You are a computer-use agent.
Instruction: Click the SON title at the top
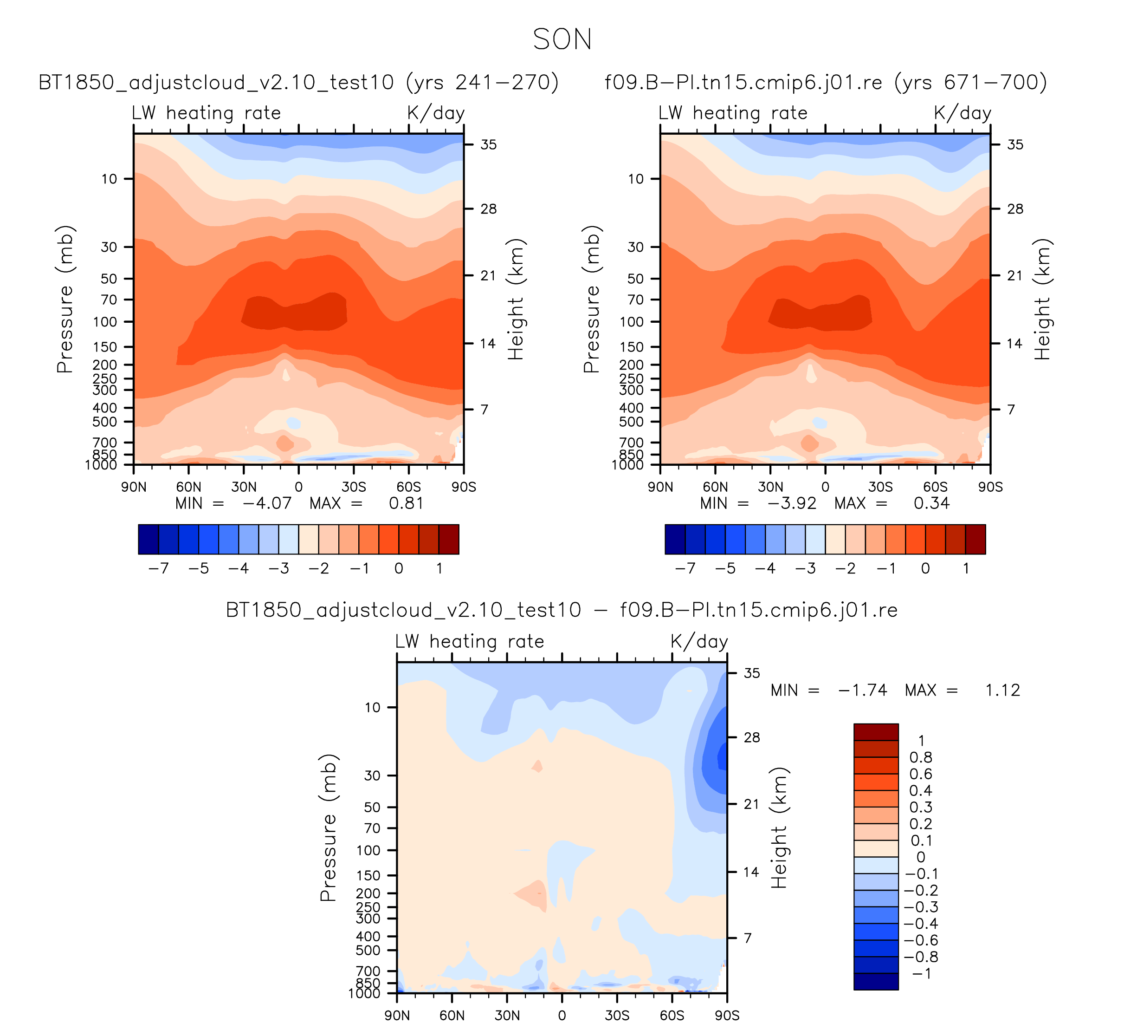(x=562, y=39)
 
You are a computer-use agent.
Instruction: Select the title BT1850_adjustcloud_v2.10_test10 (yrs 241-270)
(x=298, y=83)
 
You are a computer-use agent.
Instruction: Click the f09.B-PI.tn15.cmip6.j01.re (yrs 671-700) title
(x=826, y=83)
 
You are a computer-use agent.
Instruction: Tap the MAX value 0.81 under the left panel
(x=407, y=504)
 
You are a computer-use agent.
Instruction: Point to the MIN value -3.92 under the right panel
(x=792, y=504)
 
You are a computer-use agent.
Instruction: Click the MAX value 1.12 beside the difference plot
(x=1002, y=691)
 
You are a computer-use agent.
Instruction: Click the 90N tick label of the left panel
(x=134, y=488)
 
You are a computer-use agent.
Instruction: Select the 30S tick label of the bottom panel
(x=617, y=1016)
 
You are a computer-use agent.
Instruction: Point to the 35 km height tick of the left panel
(x=488, y=145)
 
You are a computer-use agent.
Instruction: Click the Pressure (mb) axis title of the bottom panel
(x=329, y=828)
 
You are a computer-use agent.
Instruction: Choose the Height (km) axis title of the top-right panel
(x=1041, y=300)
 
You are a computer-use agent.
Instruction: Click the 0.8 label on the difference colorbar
(x=920, y=757)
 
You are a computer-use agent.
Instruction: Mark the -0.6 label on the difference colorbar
(x=920, y=940)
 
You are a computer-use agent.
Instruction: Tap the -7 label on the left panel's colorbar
(x=158, y=569)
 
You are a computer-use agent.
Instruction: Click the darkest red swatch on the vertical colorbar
(x=876, y=732)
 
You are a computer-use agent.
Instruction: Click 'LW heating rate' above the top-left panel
(x=207, y=113)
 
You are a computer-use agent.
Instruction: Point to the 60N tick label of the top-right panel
(x=715, y=488)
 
